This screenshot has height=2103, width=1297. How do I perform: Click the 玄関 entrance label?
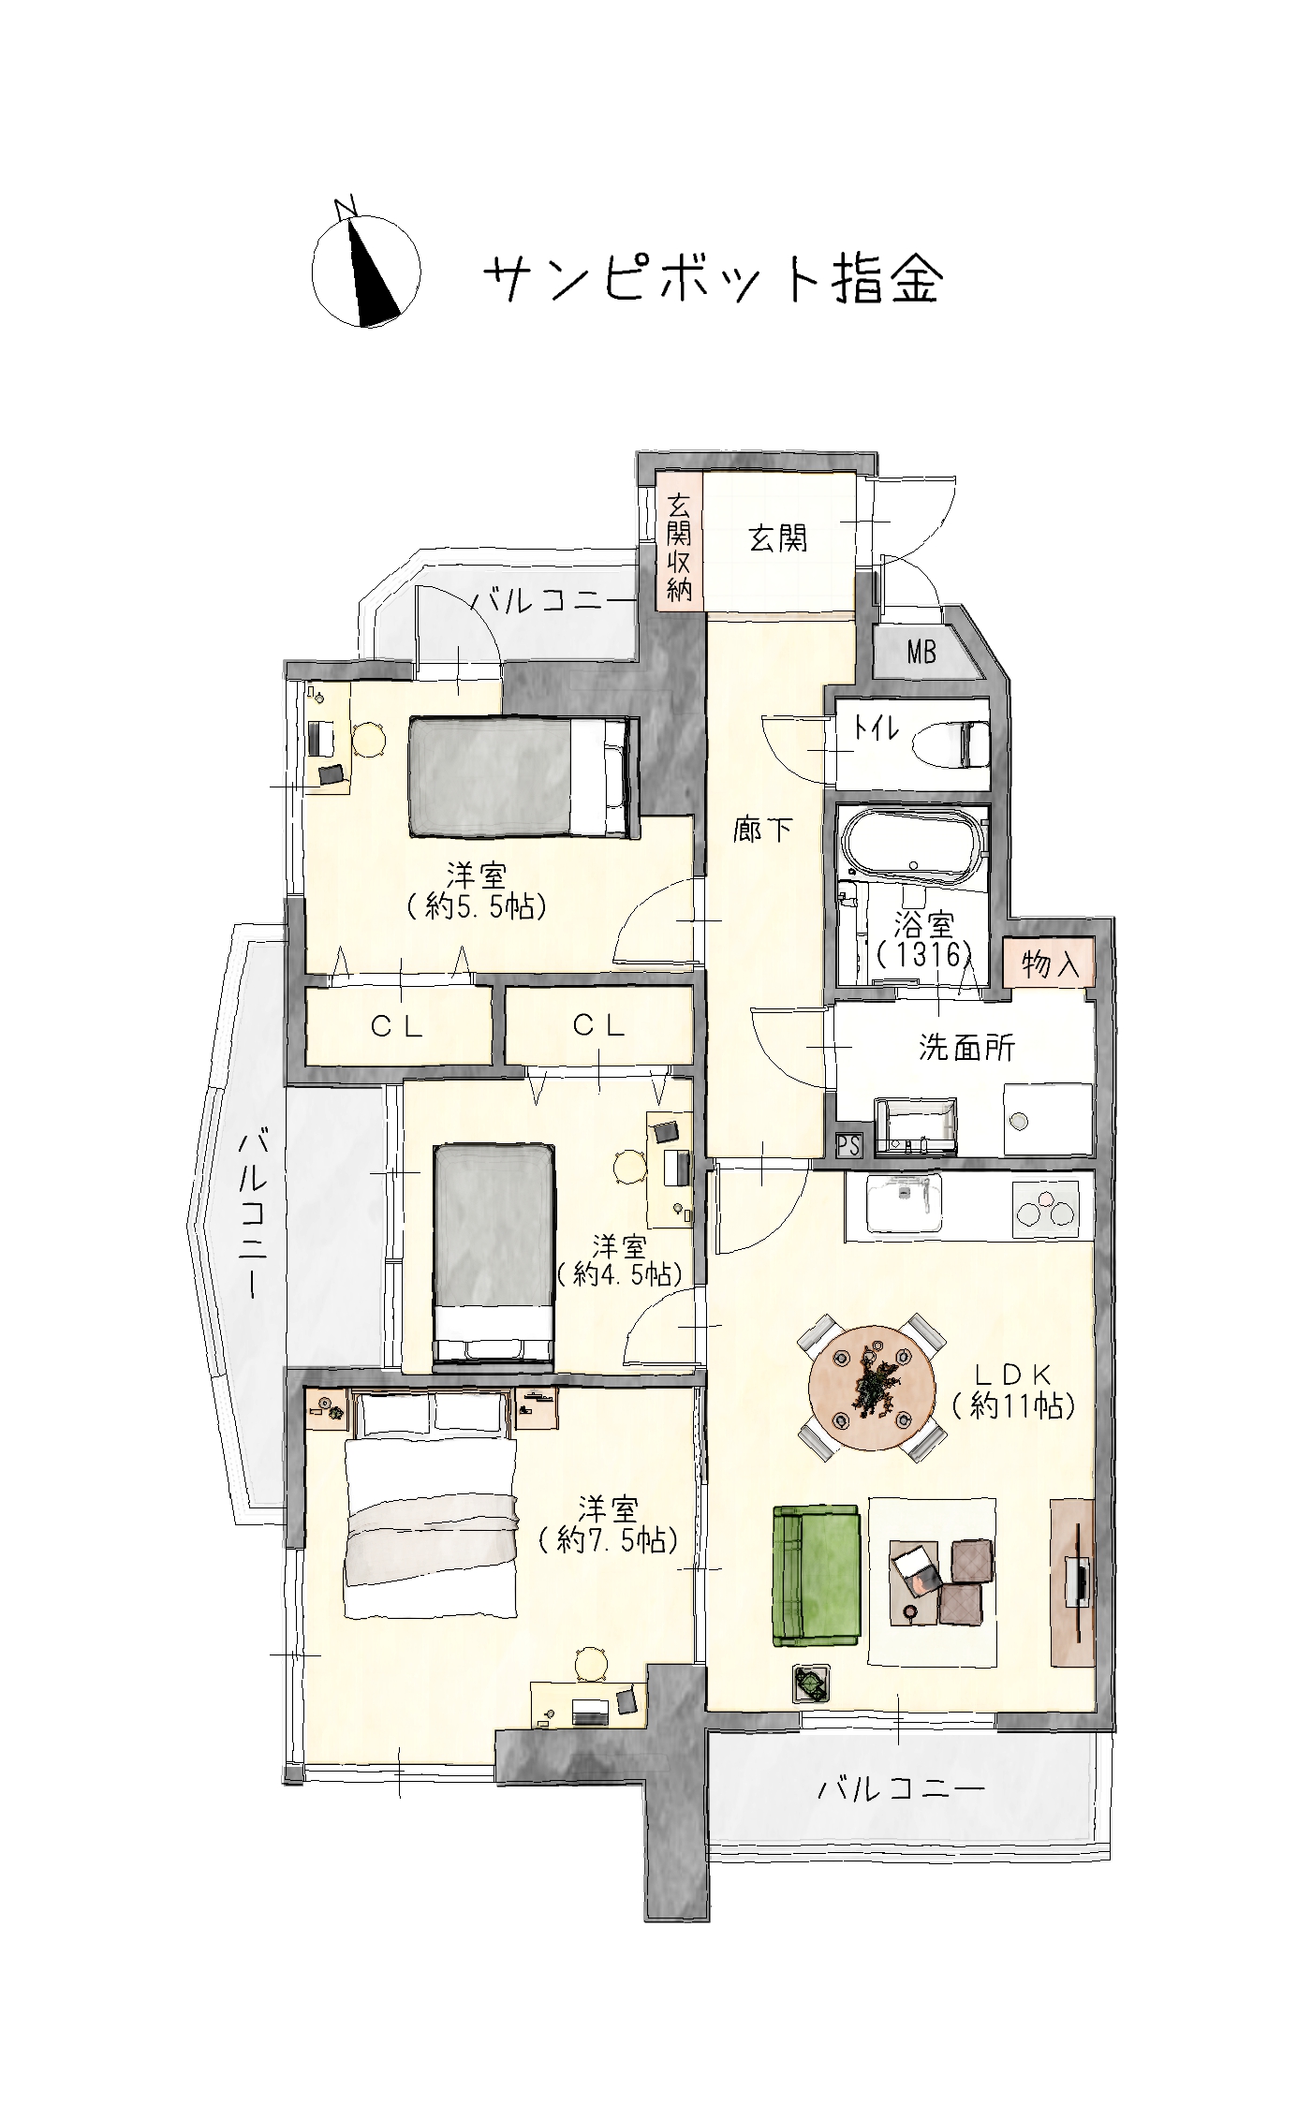[777, 538]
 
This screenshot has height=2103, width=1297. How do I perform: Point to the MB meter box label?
[921, 652]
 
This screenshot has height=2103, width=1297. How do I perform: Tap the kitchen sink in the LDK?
[903, 1204]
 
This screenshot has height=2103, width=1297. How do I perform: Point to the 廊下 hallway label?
[763, 830]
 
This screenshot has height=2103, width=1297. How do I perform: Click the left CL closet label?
[397, 1027]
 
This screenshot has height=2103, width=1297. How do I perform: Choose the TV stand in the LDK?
[1072, 1581]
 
